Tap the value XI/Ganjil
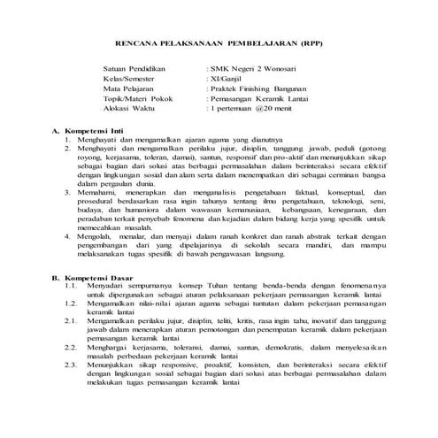tap(226, 78)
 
